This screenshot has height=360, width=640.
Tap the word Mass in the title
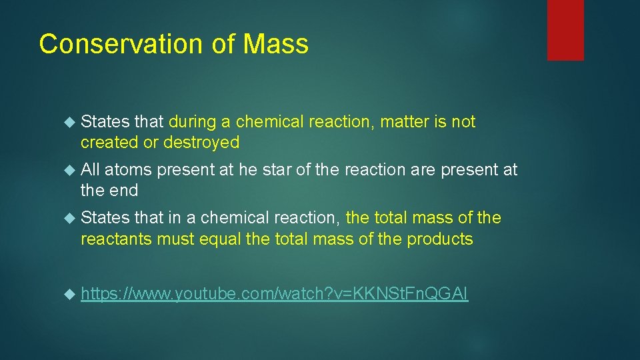tap(276, 44)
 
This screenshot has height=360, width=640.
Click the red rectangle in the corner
tap(565, 30)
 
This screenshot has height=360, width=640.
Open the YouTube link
tap(274, 294)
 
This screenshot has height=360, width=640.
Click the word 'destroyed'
tap(201, 142)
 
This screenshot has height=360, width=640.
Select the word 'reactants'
tap(116, 239)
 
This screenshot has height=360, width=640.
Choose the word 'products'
tap(438, 239)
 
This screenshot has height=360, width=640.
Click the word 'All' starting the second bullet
tap(91, 170)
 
